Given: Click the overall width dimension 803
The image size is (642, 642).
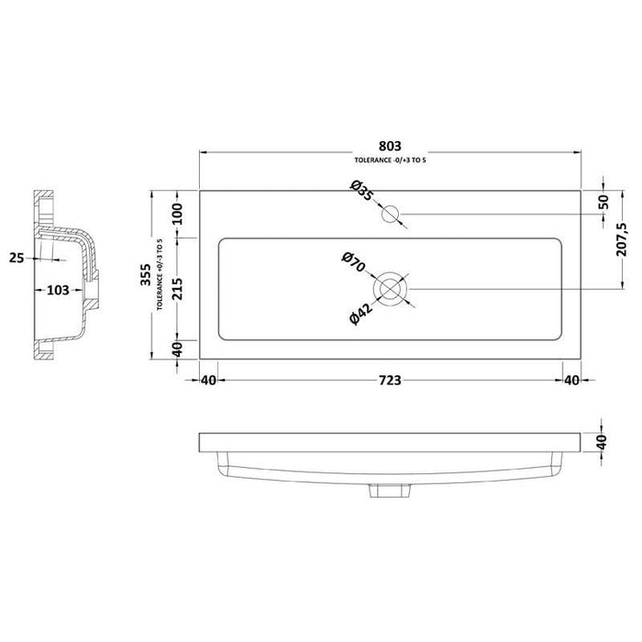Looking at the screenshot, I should [391, 145].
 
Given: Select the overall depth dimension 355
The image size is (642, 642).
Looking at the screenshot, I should [147, 282].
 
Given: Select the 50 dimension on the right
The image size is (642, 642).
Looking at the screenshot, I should [602, 202].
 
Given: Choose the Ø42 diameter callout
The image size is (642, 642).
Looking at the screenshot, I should [360, 312].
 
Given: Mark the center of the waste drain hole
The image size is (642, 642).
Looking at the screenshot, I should [391, 287].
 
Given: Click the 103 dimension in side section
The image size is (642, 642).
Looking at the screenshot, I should [57, 291].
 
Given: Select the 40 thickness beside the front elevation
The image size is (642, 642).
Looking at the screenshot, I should [602, 441].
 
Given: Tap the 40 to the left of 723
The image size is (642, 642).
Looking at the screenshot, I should [208, 380].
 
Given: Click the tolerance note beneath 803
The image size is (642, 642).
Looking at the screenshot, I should [391, 160].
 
